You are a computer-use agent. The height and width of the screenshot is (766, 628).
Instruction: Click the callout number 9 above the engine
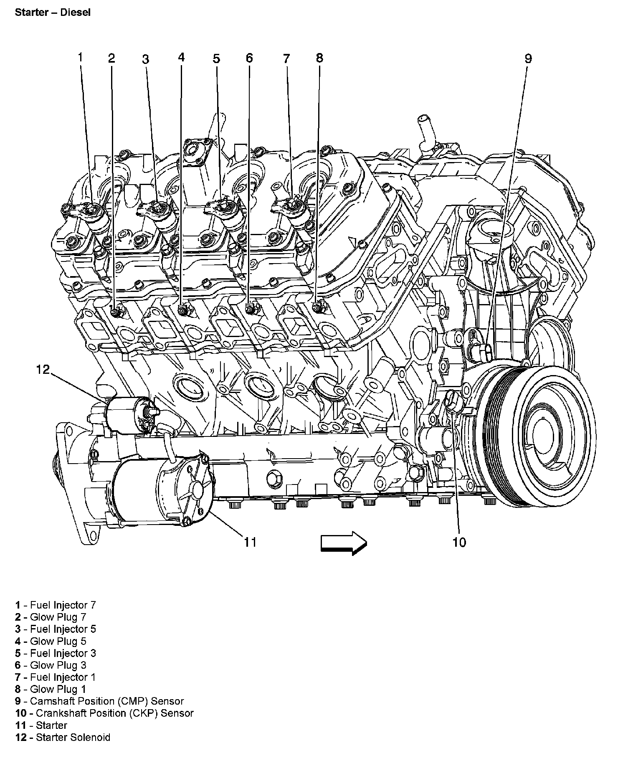(x=528, y=58)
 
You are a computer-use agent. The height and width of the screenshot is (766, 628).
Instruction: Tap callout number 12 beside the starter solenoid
(x=43, y=369)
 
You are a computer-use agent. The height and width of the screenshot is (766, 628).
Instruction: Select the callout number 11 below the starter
(x=250, y=542)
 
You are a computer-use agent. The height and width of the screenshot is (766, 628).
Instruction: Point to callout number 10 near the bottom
(x=459, y=542)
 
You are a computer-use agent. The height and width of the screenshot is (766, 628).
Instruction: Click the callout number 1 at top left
(x=81, y=57)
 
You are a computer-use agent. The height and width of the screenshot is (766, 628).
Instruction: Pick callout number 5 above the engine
(x=216, y=58)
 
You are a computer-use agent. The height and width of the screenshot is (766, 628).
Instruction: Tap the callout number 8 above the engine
(x=319, y=58)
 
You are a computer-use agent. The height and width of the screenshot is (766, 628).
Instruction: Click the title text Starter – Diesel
(x=53, y=12)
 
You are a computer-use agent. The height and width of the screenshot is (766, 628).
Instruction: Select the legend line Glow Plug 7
(x=51, y=617)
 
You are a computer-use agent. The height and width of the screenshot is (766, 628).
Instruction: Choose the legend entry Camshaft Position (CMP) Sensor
(x=99, y=701)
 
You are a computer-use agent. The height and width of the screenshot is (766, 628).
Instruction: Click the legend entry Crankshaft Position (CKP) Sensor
(x=104, y=713)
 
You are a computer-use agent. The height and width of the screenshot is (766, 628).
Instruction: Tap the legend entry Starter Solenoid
(x=63, y=738)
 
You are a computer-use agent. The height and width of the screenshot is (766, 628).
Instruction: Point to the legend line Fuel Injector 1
(x=56, y=677)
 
